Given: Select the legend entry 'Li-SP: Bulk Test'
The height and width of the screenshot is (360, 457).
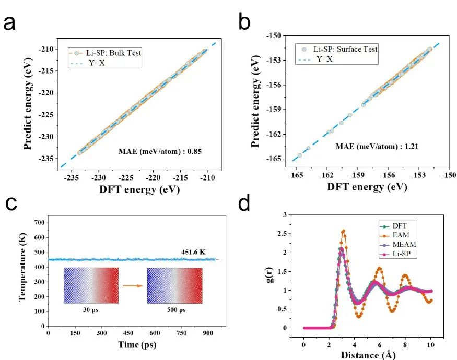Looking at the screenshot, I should tap(107, 53).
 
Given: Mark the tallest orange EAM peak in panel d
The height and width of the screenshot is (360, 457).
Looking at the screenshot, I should tap(343, 231).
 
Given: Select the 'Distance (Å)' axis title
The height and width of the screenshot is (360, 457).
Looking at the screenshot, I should tap(368, 355).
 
